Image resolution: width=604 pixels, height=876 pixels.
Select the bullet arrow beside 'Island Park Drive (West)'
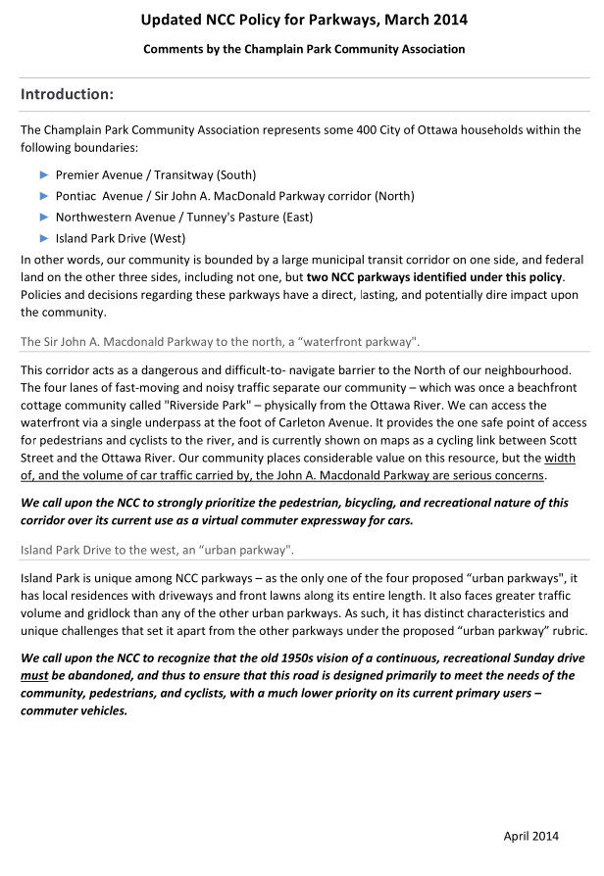coord(43,237)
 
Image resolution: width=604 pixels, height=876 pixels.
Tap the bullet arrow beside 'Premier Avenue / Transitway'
coord(43,174)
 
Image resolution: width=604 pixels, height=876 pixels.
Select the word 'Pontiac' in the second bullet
coord(79,196)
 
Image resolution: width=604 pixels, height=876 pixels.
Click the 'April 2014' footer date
coord(530,835)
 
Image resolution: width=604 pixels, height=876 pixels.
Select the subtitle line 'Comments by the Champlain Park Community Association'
coord(303,48)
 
